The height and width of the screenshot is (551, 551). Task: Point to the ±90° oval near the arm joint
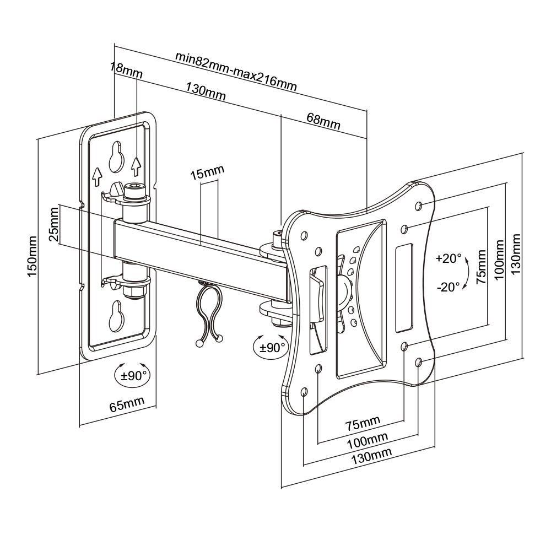269,347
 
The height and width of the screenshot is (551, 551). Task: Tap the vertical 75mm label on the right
482,267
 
